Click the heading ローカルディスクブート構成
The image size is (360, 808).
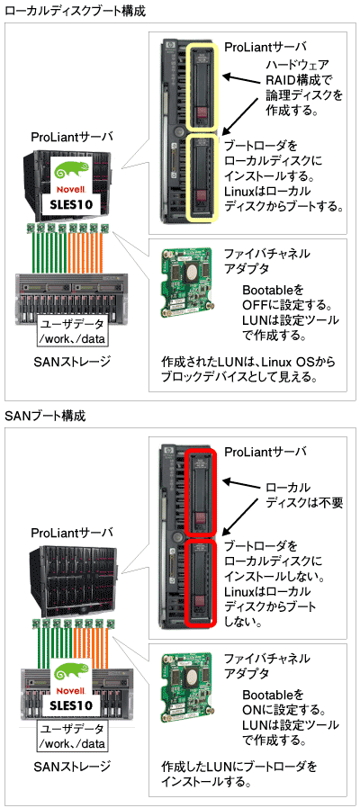point(75,11)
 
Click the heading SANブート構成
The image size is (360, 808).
point(45,416)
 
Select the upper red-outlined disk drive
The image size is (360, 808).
point(202,493)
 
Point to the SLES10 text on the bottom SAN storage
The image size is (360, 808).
point(71,705)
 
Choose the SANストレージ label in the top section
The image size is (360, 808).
point(72,362)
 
